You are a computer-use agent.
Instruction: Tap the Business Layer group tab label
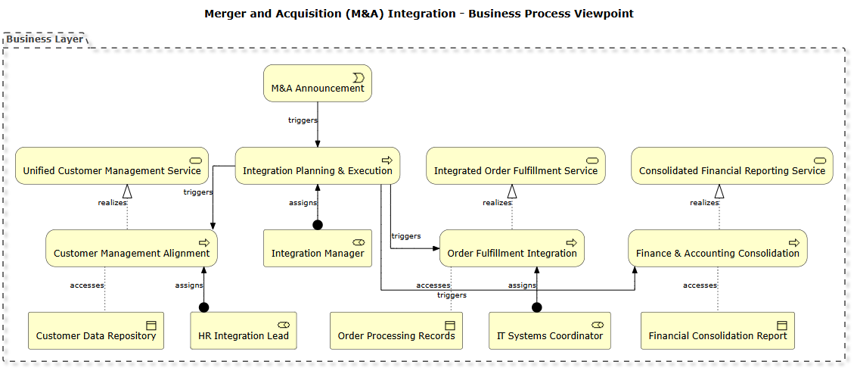click(x=45, y=39)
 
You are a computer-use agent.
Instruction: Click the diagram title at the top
click(x=419, y=14)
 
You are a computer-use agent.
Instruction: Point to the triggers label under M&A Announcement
click(x=303, y=120)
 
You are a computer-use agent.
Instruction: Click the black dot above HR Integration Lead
click(x=203, y=307)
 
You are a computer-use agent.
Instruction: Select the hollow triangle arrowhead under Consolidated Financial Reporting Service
click(x=719, y=192)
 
